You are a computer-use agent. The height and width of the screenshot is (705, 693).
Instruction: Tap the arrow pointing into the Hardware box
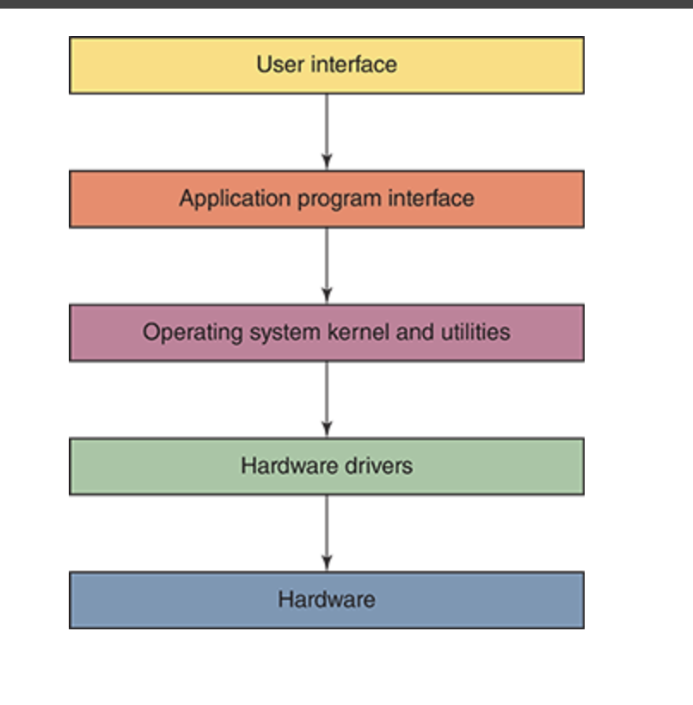point(326,532)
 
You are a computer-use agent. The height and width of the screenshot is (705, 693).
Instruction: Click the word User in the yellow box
point(275,64)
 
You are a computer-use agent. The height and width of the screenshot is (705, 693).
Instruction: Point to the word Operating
point(185,333)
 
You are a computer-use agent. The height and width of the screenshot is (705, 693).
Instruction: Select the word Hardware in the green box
point(286,466)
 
